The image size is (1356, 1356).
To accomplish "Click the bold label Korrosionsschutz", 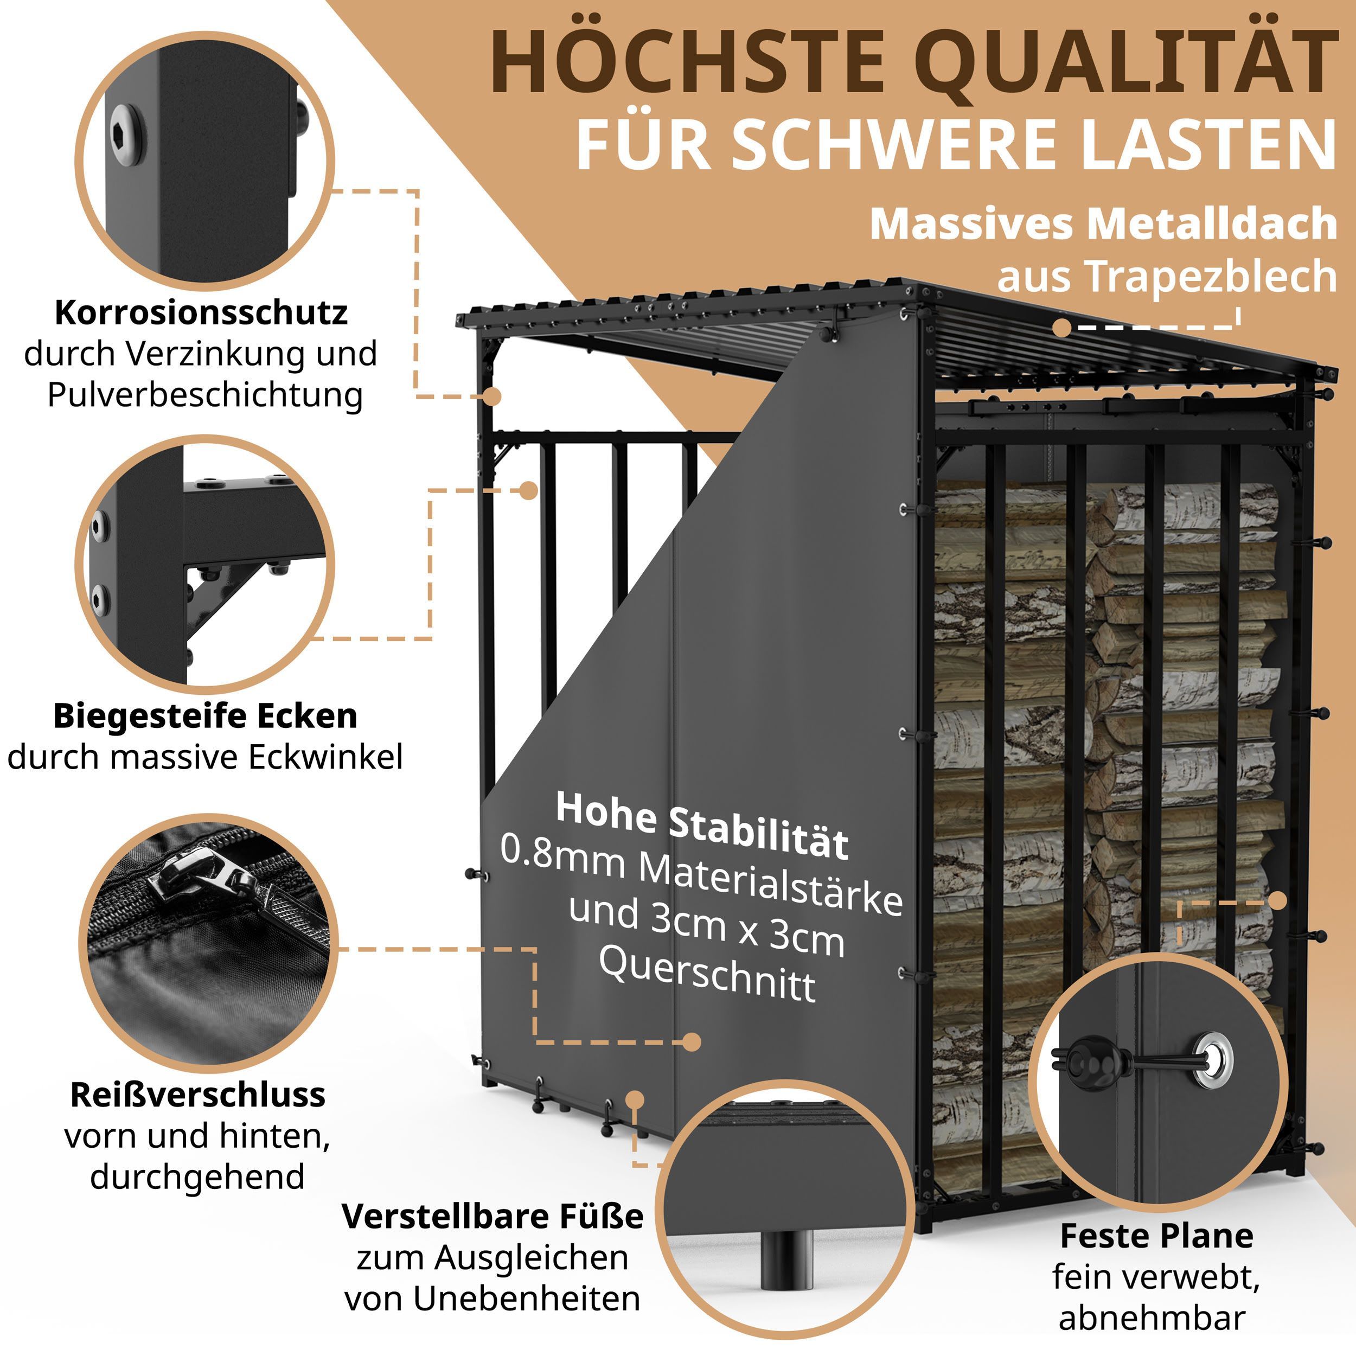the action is point(201,313).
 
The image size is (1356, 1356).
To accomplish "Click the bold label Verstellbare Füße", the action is point(492,1216).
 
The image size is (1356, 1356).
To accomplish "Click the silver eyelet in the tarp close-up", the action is point(1214,1060).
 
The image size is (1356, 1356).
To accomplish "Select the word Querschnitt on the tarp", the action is point(707,974).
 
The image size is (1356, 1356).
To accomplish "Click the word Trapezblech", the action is point(1213,277).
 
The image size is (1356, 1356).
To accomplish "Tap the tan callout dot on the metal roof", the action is point(1062,327).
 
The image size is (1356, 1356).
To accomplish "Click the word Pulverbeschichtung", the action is point(205,395).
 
